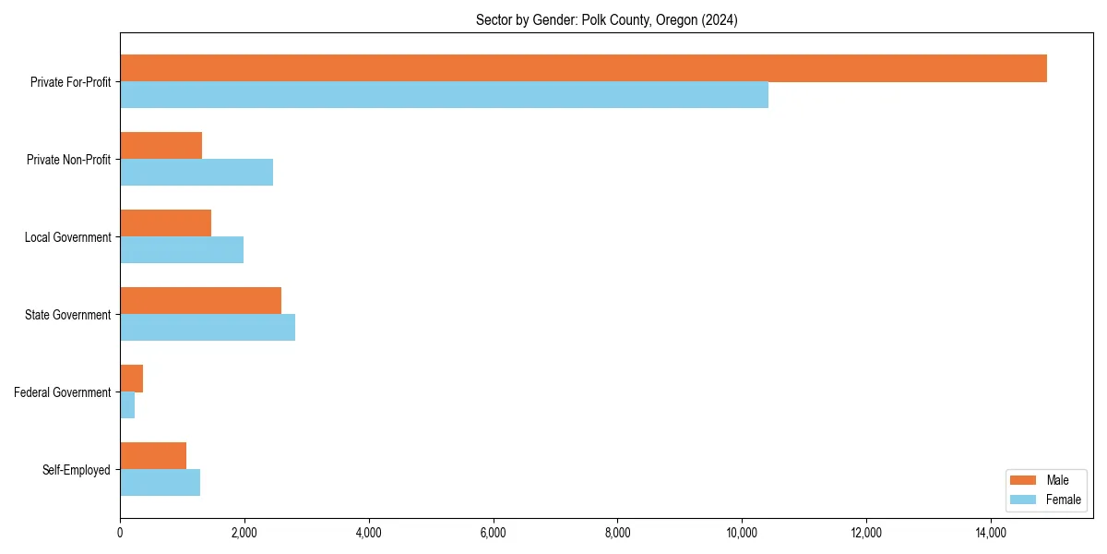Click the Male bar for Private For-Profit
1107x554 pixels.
pos(583,68)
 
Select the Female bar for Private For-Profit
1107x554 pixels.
pos(444,95)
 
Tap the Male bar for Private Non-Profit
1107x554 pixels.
pos(161,146)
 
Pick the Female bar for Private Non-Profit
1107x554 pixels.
pos(196,173)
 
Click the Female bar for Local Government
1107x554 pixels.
pos(182,250)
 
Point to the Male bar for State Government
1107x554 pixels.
pos(200,301)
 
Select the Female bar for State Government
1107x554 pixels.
pos(208,328)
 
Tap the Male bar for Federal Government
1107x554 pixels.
pos(131,379)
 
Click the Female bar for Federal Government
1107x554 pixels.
pos(127,405)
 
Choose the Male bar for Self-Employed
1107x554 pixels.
pos(153,456)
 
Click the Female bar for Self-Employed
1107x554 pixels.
pos(160,483)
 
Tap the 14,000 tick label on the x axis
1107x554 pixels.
pos(991,533)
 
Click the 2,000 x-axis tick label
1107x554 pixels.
pos(244,533)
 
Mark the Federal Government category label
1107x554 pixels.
pos(63,392)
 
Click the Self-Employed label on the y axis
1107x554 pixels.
pos(77,470)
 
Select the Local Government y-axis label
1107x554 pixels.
pos(67,237)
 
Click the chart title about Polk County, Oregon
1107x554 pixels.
pos(606,19)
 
